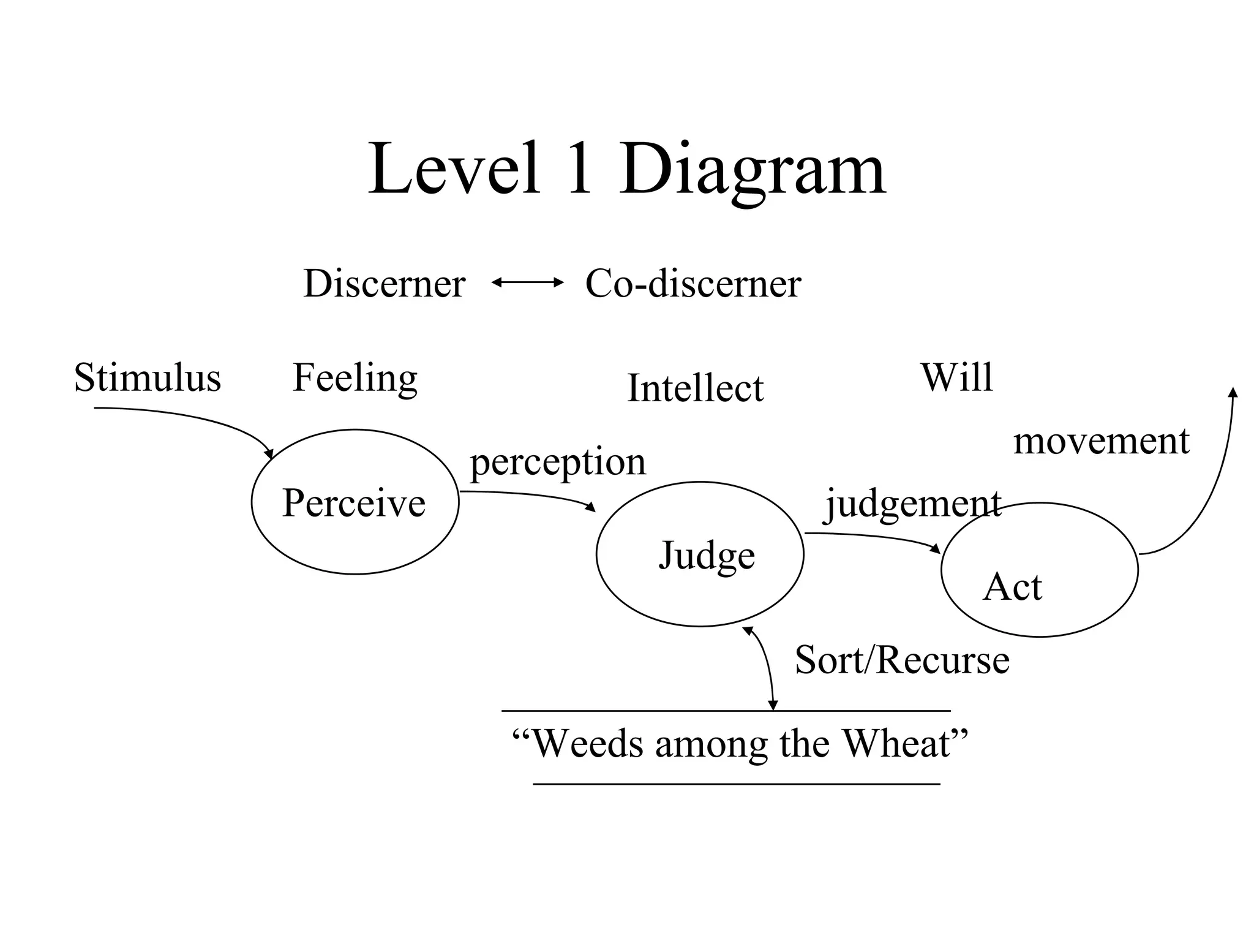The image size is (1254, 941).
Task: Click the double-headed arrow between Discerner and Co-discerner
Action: pyautogui.click(x=527, y=282)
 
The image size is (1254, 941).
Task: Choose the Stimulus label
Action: pyautogui.click(x=147, y=377)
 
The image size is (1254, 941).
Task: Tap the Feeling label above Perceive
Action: pyautogui.click(x=355, y=378)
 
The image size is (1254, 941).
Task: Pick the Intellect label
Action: pyautogui.click(x=696, y=388)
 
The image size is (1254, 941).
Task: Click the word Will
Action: pyautogui.click(x=956, y=377)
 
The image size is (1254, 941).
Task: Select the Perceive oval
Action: pyautogui.click(x=355, y=502)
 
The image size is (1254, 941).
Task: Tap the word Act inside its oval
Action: pyautogui.click(x=1012, y=587)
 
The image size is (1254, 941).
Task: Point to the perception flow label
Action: pyautogui.click(x=558, y=462)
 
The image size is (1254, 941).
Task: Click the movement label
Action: pyautogui.click(x=1101, y=440)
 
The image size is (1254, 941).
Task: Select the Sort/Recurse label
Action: pyautogui.click(x=902, y=660)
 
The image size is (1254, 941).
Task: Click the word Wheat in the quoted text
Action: pyautogui.click(x=898, y=744)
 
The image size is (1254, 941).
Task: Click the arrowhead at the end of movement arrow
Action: pyautogui.click(x=1233, y=393)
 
